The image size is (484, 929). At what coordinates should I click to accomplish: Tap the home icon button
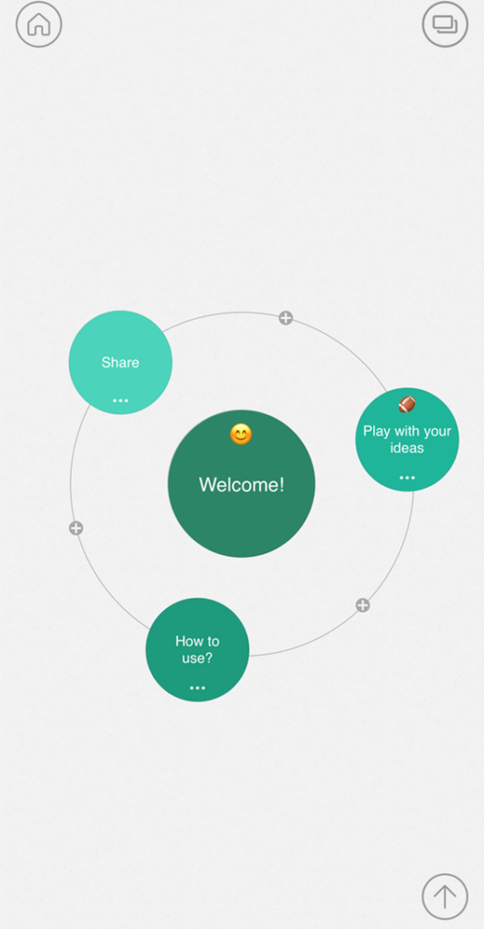point(38,24)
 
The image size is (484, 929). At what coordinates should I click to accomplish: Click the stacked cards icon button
point(445,24)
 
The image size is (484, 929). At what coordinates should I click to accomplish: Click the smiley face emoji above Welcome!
point(241,435)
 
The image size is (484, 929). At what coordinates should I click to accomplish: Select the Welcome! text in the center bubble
point(242,484)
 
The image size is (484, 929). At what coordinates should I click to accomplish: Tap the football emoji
point(407,404)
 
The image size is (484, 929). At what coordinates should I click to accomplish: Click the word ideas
point(407,448)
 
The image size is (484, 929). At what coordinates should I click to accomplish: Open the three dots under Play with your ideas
point(407,477)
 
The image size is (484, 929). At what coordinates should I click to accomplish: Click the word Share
point(121,363)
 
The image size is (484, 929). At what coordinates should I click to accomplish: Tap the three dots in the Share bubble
point(121,400)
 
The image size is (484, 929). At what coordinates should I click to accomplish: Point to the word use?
point(197,659)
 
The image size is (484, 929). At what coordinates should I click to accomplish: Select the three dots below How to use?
point(198,688)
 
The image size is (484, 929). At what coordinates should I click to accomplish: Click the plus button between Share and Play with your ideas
point(286,318)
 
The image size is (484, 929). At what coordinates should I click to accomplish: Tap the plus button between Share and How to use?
point(76,528)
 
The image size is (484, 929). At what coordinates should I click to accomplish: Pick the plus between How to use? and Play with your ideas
point(362,605)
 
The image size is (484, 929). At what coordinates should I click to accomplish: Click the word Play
point(376,431)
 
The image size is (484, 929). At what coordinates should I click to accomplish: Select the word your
point(438,431)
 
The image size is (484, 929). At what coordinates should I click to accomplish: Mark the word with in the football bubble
point(407,431)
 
